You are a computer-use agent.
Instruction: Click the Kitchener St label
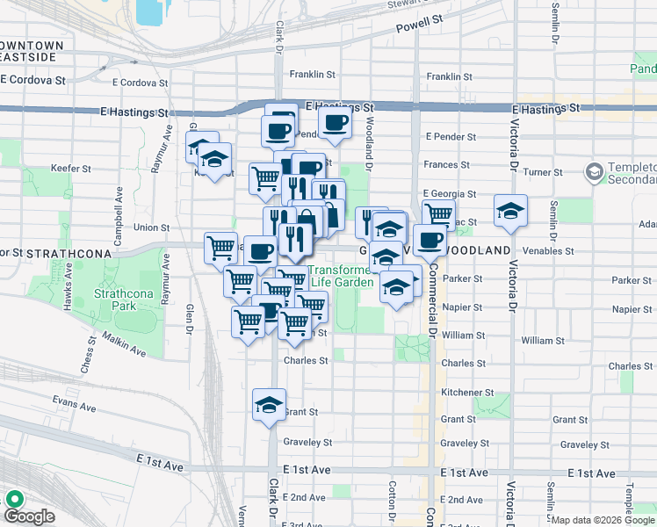[466, 393]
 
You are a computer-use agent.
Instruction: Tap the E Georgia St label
[448, 193]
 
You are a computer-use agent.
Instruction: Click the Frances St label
[450, 164]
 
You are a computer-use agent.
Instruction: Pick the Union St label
[152, 227]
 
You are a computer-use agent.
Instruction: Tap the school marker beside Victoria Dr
[509, 211]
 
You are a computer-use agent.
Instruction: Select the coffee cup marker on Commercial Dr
[430, 240]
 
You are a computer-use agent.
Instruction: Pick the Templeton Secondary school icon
[595, 170]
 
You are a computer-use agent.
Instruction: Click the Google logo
[29, 516]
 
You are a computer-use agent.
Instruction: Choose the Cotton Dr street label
[389, 502]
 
